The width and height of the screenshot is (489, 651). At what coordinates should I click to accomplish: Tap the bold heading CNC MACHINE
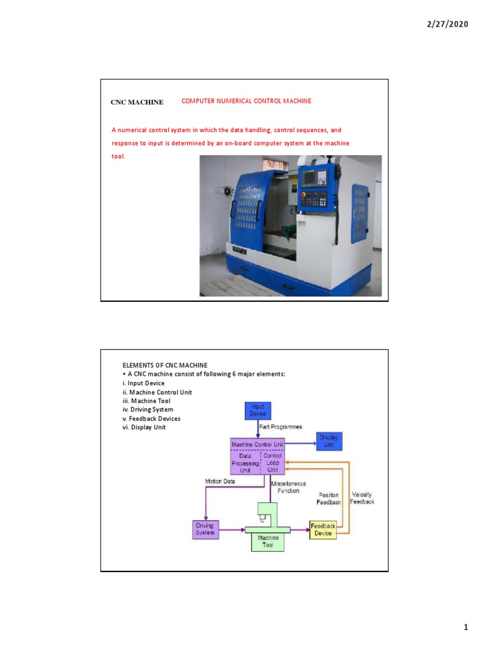click(137, 102)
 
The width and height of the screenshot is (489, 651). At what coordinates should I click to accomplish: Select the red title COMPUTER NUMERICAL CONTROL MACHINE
click(246, 101)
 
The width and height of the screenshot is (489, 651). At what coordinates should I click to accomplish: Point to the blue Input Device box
click(258, 410)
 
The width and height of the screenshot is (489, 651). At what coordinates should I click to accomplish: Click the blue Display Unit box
click(329, 441)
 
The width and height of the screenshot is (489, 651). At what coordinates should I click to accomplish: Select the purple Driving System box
click(205, 529)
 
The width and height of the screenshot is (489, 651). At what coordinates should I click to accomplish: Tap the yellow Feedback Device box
click(323, 529)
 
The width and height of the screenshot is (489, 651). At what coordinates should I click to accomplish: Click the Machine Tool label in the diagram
click(268, 542)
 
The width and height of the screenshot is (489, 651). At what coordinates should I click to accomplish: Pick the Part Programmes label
click(281, 427)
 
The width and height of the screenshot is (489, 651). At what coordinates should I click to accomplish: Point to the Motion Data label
click(220, 481)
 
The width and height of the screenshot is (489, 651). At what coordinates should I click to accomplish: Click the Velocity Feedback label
click(362, 498)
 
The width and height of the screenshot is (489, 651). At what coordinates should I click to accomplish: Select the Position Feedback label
click(329, 498)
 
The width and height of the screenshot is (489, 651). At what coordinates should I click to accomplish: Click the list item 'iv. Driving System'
click(148, 410)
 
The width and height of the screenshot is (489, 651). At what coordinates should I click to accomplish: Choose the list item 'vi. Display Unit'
click(145, 427)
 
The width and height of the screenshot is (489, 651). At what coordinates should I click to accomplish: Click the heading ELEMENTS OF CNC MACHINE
click(165, 365)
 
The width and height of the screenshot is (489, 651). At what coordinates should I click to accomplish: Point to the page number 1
click(465, 628)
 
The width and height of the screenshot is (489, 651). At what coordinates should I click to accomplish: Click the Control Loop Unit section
click(273, 463)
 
